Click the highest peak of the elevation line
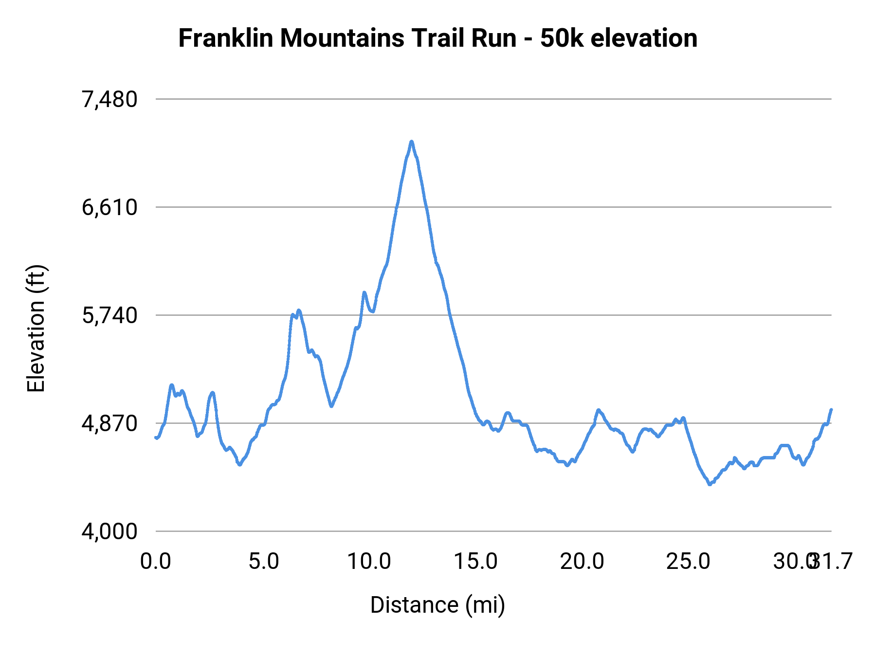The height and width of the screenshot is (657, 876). pyautogui.click(x=412, y=142)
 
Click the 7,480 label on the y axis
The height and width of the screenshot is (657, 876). pyautogui.click(x=109, y=100)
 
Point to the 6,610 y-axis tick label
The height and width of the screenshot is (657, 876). pyautogui.click(x=109, y=208)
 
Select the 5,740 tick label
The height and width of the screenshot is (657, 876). pyautogui.click(x=109, y=316)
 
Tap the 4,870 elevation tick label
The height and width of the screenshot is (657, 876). pyautogui.click(x=109, y=424)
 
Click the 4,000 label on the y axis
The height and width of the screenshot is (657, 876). pyautogui.click(x=109, y=532)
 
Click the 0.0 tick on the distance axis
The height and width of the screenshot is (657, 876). pyautogui.click(x=156, y=562)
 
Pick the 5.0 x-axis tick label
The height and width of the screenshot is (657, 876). pyautogui.click(x=263, y=562)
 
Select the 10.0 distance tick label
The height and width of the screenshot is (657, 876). pyautogui.click(x=369, y=562)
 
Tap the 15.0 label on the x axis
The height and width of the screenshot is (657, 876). pyautogui.click(x=475, y=562)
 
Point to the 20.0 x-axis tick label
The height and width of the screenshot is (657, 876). pyautogui.click(x=582, y=562)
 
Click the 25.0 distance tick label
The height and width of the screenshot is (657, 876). pyautogui.click(x=688, y=562)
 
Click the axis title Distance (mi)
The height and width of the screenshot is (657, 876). pyautogui.click(x=438, y=605)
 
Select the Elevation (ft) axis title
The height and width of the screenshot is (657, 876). pyautogui.click(x=36, y=328)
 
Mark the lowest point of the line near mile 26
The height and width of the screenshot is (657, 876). pyautogui.click(x=710, y=484)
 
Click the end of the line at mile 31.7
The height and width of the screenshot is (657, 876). pyautogui.click(x=831, y=410)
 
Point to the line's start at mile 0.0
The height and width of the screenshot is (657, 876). pyautogui.click(x=156, y=438)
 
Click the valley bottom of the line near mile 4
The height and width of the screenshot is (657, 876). pyautogui.click(x=239, y=465)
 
